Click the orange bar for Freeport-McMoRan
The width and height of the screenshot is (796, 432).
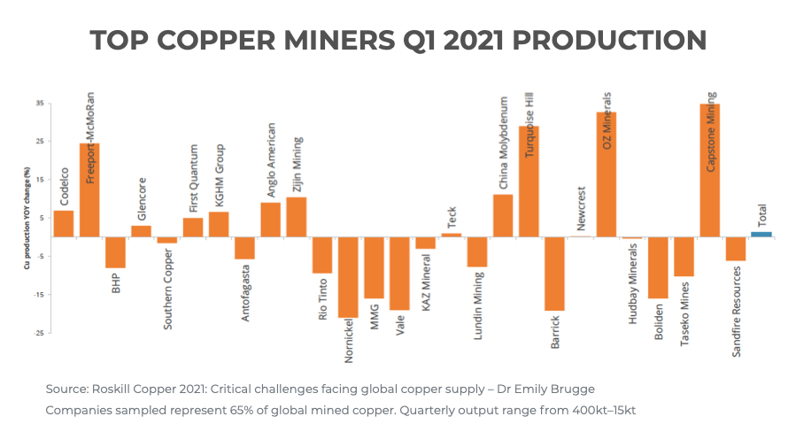tap(89, 190)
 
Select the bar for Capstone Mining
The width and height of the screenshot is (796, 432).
tap(710, 171)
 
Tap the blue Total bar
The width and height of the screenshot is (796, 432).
tap(761, 234)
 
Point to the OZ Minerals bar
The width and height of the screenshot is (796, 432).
tap(607, 174)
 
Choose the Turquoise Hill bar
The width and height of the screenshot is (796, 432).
tap(529, 181)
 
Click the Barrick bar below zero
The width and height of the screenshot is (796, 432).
tap(554, 274)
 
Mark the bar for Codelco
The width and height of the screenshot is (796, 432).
tap(64, 223)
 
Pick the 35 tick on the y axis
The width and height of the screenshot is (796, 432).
tap(40, 104)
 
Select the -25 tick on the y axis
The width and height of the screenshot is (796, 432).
tap(39, 333)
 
